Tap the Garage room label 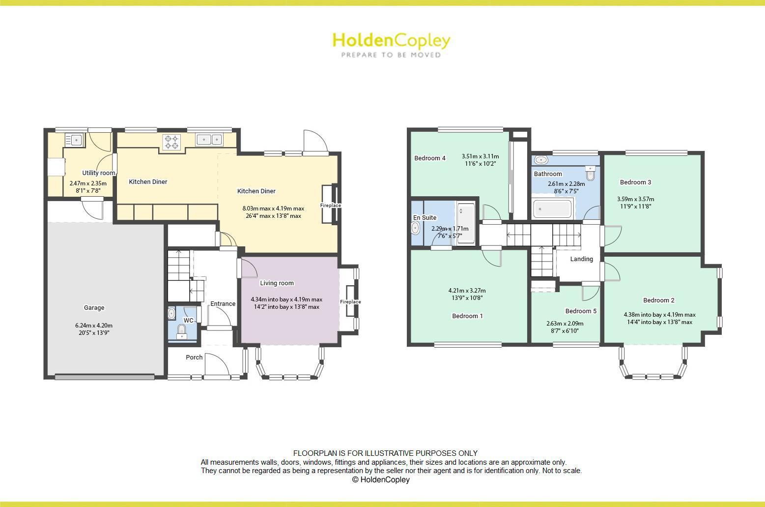click(x=94, y=308)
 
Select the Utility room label click(x=98, y=173)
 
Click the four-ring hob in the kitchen click(x=171, y=142)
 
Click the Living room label click(x=277, y=283)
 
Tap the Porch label click(x=194, y=358)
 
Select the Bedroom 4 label click(x=430, y=158)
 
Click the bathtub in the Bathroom click(x=552, y=209)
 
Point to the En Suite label click(x=425, y=218)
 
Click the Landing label click(x=581, y=259)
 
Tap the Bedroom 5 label click(x=581, y=311)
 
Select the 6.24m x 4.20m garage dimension click(x=94, y=326)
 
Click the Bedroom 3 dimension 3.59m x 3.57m click(x=635, y=199)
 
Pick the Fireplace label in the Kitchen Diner click(x=331, y=206)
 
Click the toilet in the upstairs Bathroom click(x=591, y=174)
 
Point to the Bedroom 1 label click(x=467, y=316)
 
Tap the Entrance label click(x=223, y=304)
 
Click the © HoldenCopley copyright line click(x=381, y=480)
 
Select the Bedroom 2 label click(x=658, y=300)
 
